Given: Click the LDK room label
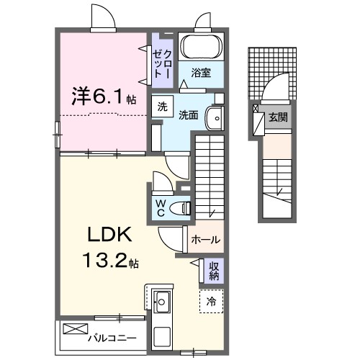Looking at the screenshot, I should (110, 236).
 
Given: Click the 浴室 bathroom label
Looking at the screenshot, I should (201, 72).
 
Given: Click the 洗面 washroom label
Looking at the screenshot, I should (189, 114).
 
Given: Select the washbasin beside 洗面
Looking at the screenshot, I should (214, 117).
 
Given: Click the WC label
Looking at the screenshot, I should (161, 207).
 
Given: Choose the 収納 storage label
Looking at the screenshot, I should (214, 271).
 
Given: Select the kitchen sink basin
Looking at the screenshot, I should (161, 300).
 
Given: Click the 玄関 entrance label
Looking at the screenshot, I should (277, 116).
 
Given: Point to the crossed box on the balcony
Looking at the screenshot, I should (74, 329).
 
